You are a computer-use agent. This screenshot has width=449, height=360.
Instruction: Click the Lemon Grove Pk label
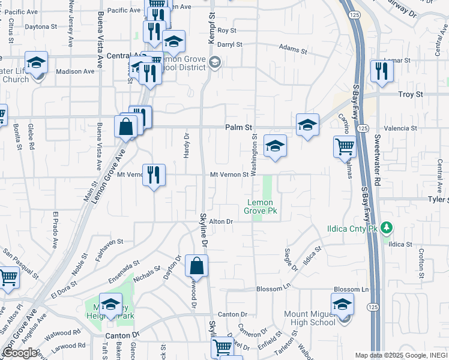(x=261, y=207)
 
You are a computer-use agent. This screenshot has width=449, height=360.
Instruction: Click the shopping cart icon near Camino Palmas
(x=345, y=147)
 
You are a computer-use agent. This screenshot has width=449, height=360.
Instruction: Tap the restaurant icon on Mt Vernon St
(x=154, y=175)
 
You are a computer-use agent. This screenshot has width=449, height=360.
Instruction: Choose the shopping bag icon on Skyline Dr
(x=197, y=265)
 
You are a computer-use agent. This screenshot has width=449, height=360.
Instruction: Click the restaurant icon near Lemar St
(x=381, y=72)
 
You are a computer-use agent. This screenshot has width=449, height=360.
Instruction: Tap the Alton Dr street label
(x=220, y=221)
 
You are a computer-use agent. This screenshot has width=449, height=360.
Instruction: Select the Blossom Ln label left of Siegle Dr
(x=273, y=289)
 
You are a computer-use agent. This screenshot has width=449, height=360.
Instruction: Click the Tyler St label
(x=438, y=199)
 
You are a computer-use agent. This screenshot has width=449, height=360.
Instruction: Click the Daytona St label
(x=41, y=27)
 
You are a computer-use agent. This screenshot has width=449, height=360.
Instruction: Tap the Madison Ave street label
(x=75, y=71)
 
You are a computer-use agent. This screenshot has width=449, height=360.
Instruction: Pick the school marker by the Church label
(x=36, y=64)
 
